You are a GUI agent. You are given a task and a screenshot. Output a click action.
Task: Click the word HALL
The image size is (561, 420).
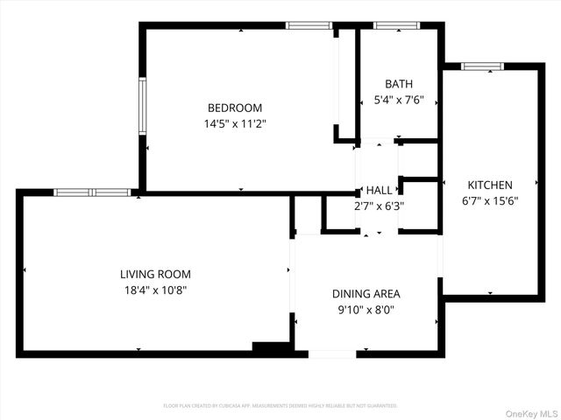380,190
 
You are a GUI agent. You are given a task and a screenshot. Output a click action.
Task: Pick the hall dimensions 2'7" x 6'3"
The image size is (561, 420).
380,206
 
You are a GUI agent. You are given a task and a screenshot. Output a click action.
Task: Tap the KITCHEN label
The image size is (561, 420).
489,185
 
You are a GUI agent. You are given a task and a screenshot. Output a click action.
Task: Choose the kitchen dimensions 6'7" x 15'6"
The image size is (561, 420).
489,200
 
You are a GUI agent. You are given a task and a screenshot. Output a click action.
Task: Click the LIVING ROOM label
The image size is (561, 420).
155,274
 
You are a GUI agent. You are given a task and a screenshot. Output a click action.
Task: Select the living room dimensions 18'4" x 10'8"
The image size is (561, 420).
155,290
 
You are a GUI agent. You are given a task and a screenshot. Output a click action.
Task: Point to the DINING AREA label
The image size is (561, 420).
366,294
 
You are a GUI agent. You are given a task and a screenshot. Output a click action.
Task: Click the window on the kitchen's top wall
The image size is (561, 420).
482,66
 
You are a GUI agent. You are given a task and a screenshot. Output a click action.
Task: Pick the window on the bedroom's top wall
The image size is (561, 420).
309,25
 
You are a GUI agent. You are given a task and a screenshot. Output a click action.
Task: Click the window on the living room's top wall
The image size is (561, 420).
92,192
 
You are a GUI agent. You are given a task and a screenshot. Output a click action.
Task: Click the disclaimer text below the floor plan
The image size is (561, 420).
280,406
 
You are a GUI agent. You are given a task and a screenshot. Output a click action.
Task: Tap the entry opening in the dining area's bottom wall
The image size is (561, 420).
332,353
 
